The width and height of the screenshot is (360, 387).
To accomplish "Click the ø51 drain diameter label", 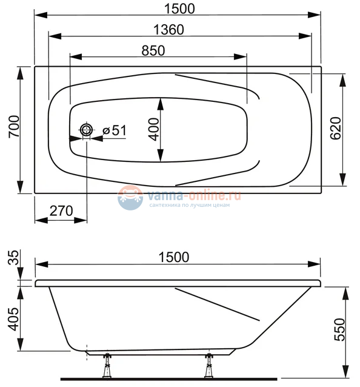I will point(114,130).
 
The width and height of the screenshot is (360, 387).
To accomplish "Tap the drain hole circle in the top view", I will point(87,131).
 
